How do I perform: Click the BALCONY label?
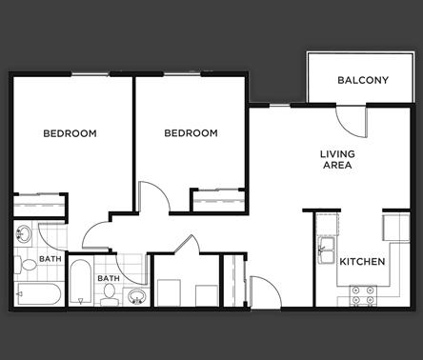362,80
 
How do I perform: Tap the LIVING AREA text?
336,159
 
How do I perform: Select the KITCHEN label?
362,262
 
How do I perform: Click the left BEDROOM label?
70,133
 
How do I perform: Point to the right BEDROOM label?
191,133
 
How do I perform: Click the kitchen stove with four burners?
363,297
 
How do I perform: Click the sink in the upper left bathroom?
23,234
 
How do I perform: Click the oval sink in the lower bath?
135,295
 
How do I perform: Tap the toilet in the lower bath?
109,298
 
